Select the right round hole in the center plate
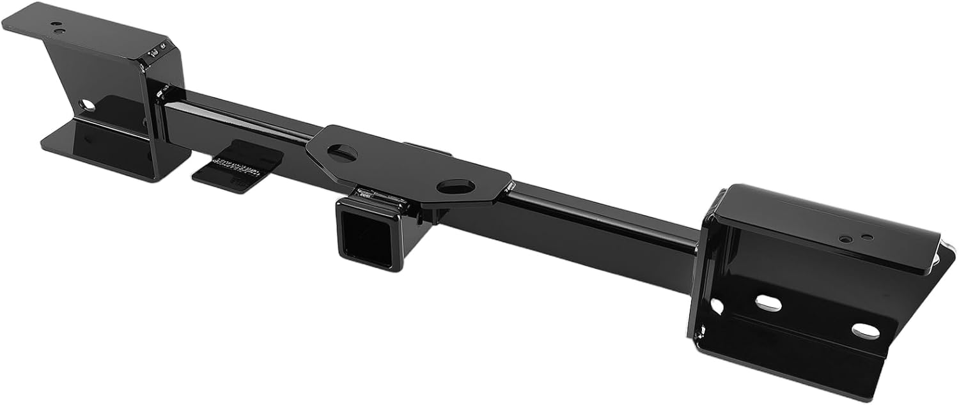tap(456, 187)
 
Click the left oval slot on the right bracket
tap(768, 303)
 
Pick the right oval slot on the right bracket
tap(864, 330)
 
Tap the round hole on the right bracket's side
tap(717, 306)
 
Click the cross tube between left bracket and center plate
tap(237, 121)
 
